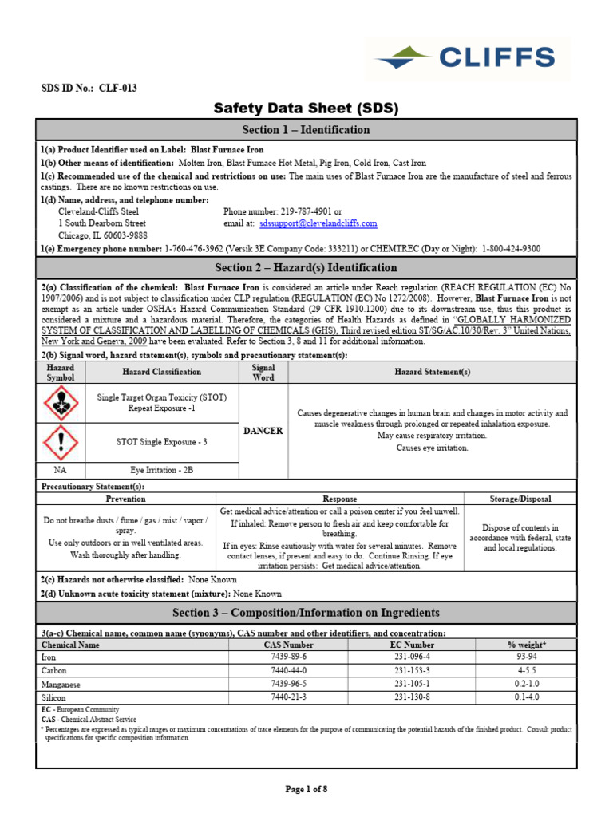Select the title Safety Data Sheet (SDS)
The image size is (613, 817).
click(306, 109)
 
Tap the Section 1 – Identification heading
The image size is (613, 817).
click(306, 130)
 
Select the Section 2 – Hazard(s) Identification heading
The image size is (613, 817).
click(306, 268)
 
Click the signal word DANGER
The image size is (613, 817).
click(263, 431)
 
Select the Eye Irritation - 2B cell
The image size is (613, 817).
click(162, 470)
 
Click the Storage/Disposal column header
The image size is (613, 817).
click(520, 499)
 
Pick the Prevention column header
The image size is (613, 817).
click(126, 499)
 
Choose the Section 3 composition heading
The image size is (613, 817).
click(306, 613)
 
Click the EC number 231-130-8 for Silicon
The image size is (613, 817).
click(412, 697)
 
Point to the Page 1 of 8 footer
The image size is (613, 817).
click(306, 789)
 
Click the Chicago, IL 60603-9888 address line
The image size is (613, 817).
click(103, 236)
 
